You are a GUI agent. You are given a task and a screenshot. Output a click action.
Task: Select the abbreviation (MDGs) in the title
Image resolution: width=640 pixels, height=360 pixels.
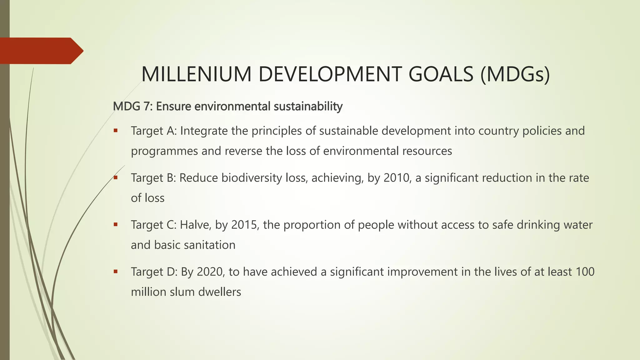515,75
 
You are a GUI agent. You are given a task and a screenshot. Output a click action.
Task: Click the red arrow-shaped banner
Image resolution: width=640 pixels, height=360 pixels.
41,51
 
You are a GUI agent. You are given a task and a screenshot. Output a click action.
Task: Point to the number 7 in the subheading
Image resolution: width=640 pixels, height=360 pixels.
147,107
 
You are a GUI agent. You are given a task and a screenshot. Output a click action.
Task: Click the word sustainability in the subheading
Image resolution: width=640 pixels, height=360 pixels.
308,107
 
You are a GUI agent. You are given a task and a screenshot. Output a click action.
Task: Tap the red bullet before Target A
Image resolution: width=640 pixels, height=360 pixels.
116,130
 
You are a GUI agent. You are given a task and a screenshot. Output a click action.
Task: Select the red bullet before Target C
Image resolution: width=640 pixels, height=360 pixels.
116,224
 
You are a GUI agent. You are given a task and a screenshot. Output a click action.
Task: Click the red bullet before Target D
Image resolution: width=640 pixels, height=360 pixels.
116,271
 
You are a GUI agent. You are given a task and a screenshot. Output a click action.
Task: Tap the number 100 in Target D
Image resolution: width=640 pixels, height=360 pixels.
585,272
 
